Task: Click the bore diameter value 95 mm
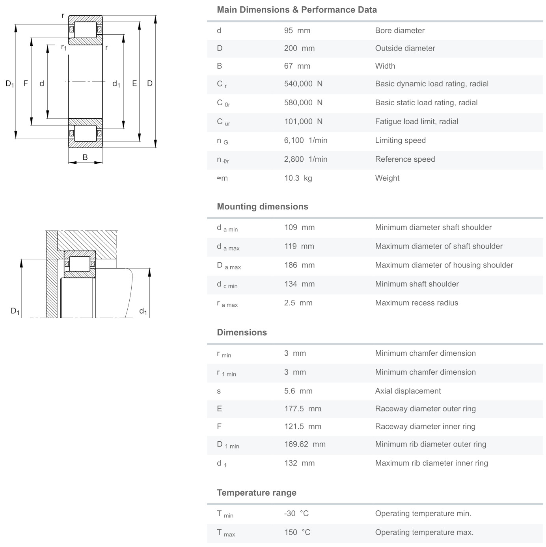[297, 30]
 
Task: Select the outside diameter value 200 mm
[299, 48]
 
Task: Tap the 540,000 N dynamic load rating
[303, 84]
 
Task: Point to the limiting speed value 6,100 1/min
[306, 140]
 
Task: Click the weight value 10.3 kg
[298, 178]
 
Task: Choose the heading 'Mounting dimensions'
[263, 207]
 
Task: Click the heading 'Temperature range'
[257, 493]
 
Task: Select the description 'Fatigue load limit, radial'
[416, 121]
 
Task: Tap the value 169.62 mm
[305, 444]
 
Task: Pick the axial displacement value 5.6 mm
[298, 391]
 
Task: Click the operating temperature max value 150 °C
[297, 532]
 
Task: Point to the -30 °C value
[296, 513]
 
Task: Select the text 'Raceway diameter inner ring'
[425, 426]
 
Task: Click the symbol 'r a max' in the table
[227, 304]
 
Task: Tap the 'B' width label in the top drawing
[85, 157]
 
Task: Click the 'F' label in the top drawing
[26, 83]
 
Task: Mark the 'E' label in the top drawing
[134, 83]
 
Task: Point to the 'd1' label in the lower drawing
[143, 311]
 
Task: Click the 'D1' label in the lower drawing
[15, 311]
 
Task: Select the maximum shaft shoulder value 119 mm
[299, 246]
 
